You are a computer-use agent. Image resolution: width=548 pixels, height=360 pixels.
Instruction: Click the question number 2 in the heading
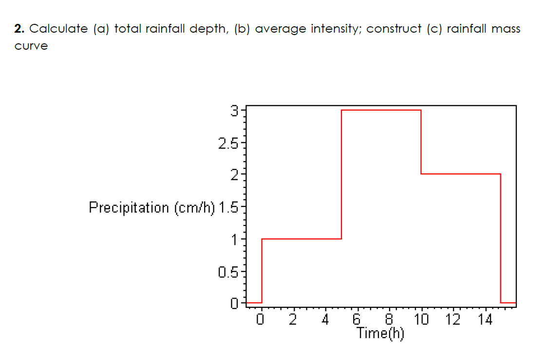[19, 29]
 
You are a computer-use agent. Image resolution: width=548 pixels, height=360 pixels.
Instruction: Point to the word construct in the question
[394, 29]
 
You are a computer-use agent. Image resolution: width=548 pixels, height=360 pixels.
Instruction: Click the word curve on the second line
[31, 47]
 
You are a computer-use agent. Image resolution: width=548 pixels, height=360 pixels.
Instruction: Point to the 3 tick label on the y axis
[234, 111]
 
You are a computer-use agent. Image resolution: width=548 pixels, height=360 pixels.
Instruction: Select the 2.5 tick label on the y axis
[228, 144]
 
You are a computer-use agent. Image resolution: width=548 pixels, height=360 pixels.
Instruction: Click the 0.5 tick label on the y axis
[228, 272]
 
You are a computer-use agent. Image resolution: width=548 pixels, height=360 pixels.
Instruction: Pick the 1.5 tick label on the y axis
[228, 208]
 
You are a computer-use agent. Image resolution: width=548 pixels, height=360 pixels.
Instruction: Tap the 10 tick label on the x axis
[421, 320]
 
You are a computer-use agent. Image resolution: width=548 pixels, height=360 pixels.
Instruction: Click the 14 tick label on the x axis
[485, 320]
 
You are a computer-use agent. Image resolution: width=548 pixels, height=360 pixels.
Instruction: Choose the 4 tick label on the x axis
[325, 320]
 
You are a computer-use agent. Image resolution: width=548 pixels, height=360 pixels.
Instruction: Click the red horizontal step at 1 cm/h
[302, 239]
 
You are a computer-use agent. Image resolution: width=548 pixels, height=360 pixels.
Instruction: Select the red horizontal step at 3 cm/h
[381, 110]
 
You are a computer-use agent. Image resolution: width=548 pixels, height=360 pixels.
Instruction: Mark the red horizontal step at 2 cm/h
[460, 174]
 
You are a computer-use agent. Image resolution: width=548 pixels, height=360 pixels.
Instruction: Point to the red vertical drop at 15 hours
[501, 238]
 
